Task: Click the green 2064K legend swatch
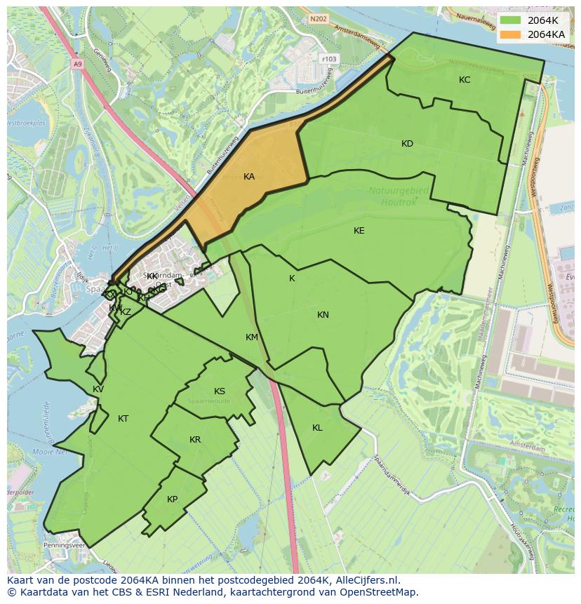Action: tap(511, 20)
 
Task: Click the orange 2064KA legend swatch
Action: tap(511, 34)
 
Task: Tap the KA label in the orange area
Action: tap(249, 177)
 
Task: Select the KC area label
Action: tap(465, 80)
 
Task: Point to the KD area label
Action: tap(407, 144)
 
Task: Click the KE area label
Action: tap(359, 231)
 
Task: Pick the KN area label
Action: tap(323, 315)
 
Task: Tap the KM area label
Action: tap(252, 337)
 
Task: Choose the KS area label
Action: tap(220, 391)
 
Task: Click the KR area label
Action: tap(195, 440)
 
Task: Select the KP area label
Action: tap(173, 499)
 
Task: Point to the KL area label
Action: tap(317, 428)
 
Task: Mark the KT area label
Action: tap(123, 419)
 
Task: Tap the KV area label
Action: tap(98, 389)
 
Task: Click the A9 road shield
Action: tap(77, 63)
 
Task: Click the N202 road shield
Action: tap(319, 19)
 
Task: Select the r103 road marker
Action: tap(328, 59)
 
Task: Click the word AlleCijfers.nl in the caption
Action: tap(365, 580)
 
